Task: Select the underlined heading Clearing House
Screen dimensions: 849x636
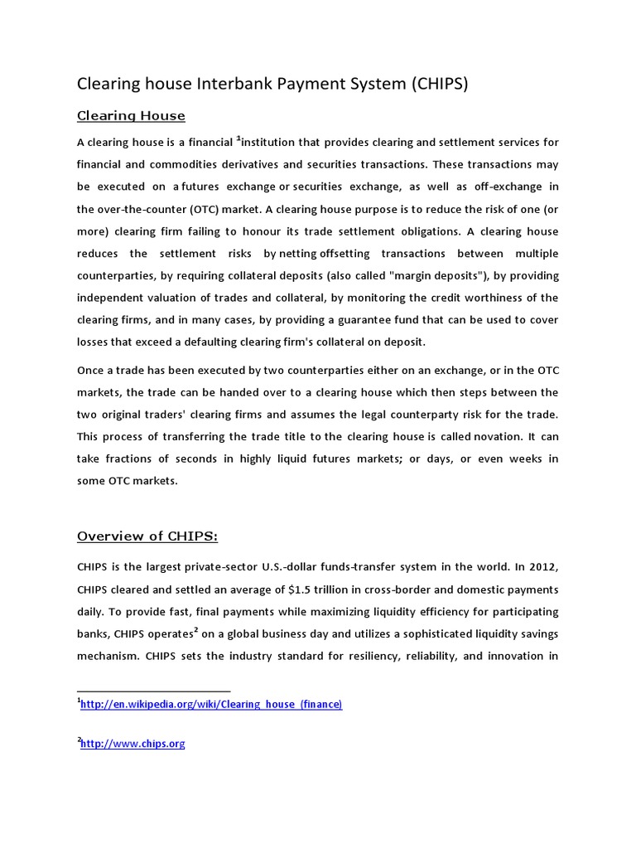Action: pyautogui.click(x=131, y=115)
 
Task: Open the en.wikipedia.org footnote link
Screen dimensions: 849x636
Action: pyautogui.click(x=211, y=704)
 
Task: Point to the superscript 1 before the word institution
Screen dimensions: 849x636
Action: pyautogui.click(x=238, y=138)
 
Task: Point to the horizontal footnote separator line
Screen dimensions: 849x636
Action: pyautogui.click(x=153, y=690)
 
